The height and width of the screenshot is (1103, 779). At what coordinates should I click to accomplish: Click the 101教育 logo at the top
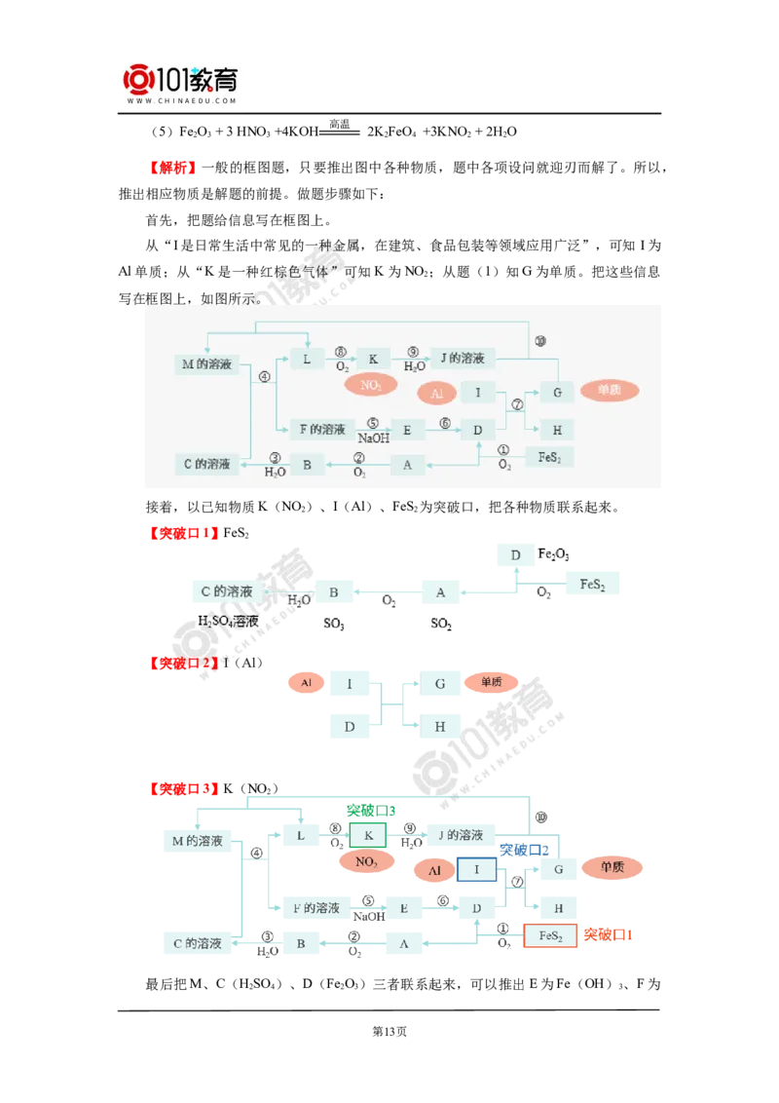182,77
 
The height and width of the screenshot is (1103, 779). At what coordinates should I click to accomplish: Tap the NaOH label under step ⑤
374,438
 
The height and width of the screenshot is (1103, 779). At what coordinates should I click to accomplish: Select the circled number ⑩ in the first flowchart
540,340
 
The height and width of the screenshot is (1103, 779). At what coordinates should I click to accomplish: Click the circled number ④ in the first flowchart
264,377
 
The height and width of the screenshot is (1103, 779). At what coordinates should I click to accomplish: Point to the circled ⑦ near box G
517,403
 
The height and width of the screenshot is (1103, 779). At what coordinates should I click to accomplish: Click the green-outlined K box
368,835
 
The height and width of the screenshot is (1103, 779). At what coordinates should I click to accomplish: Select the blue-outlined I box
476,868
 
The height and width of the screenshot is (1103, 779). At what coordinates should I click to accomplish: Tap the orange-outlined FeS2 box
551,935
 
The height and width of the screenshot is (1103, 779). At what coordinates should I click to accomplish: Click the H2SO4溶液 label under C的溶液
228,620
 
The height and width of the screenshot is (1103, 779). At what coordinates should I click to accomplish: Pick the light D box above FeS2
515,554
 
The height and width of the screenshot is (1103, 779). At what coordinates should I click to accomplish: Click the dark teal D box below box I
349,726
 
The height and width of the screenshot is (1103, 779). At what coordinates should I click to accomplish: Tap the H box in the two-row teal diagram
440,726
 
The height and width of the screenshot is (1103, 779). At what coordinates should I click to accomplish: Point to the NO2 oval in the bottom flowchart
367,861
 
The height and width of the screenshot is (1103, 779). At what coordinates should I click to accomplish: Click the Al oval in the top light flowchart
436,393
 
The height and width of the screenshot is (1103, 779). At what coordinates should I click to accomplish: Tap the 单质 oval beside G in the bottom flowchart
612,867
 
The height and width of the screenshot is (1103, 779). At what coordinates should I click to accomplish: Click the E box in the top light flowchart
407,430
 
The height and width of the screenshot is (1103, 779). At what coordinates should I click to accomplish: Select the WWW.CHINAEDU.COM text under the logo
182,100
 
